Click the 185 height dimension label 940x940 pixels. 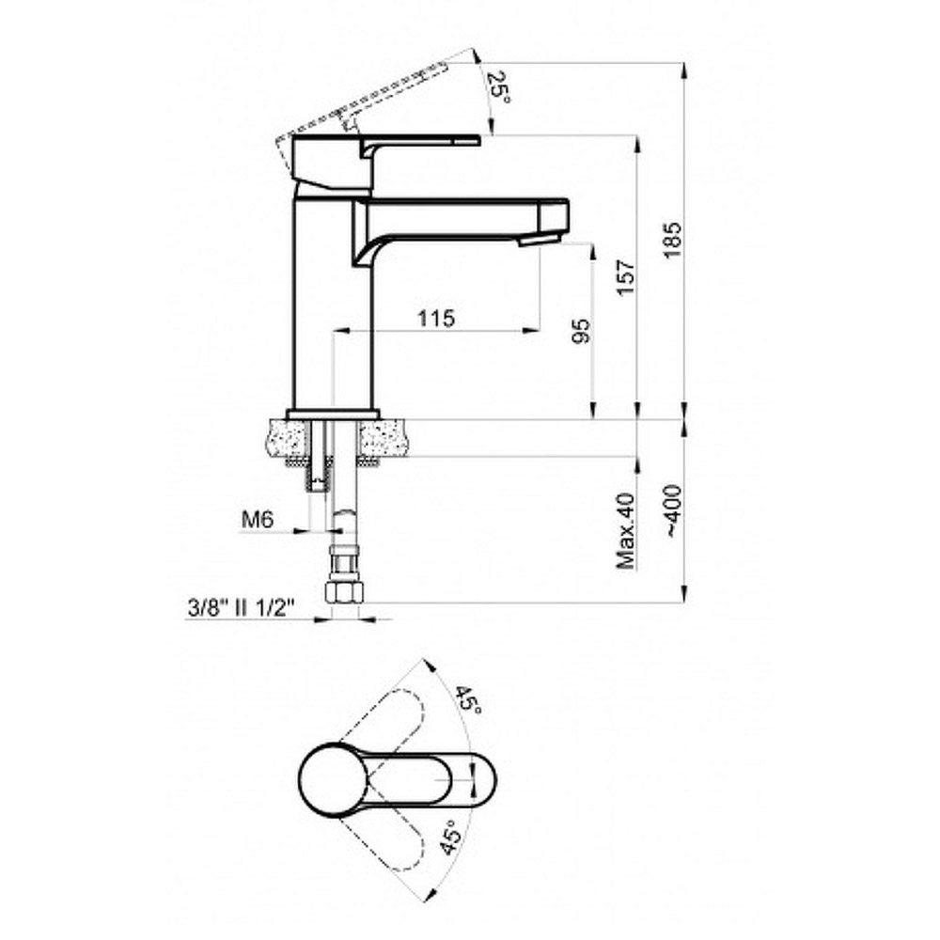click(x=673, y=240)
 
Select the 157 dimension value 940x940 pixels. click(x=626, y=277)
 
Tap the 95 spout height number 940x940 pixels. click(x=581, y=330)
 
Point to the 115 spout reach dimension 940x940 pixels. click(x=436, y=318)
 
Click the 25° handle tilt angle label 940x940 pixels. click(x=499, y=87)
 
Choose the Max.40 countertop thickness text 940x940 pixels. click(x=625, y=531)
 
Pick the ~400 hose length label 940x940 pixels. click(x=673, y=511)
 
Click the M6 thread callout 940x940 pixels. click(x=258, y=519)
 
